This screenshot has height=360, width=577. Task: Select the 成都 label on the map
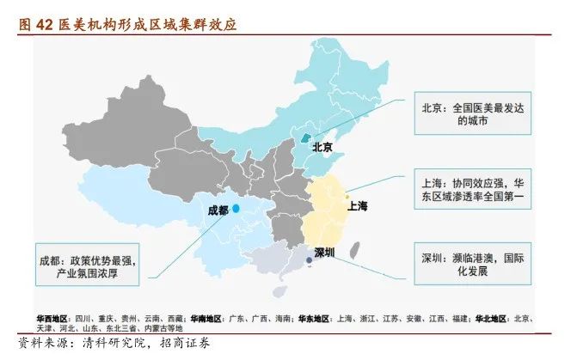218,210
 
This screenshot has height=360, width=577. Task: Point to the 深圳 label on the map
324,253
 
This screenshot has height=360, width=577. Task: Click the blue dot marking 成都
236,208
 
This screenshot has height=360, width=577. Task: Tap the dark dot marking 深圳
308,259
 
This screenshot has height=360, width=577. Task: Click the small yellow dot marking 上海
347,196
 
